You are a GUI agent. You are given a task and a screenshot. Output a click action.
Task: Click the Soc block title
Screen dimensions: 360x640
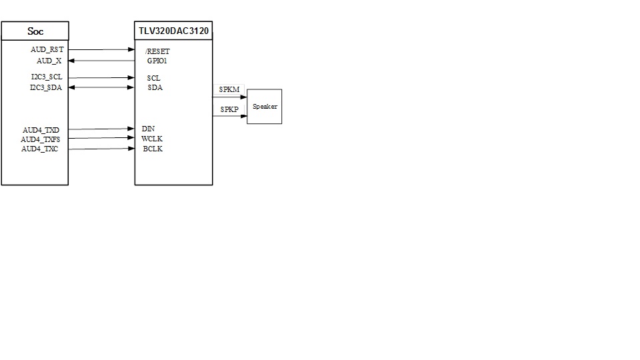click(x=35, y=31)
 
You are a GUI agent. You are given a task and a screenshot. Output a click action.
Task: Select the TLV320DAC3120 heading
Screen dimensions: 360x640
click(x=174, y=31)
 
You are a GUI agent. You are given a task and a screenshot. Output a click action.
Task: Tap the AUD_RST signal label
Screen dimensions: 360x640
click(x=47, y=50)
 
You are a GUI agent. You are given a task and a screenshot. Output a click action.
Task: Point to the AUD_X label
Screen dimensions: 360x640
click(x=49, y=61)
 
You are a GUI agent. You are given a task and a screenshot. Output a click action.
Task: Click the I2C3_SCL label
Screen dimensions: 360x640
click(x=47, y=77)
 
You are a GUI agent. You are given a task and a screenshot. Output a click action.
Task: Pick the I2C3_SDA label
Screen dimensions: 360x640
click(x=46, y=87)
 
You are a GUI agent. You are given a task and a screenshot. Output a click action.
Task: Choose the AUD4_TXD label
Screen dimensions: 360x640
click(x=41, y=129)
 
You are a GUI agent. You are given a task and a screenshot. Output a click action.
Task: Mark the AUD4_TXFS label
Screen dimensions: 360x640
click(x=40, y=139)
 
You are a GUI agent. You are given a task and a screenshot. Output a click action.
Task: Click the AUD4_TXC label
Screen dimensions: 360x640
click(x=40, y=149)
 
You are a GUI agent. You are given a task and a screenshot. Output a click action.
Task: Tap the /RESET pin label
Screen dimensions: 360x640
click(x=157, y=51)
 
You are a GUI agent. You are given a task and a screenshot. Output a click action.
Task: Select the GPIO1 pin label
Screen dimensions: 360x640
click(x=157, y=61)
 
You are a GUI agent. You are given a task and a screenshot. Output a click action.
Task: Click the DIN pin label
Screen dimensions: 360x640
click(x=148, y=129)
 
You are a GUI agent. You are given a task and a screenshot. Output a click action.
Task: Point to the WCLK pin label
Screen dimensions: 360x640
click(x=151, y=139)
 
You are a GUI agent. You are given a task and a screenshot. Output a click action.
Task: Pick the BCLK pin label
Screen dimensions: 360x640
click(x=152, y=149)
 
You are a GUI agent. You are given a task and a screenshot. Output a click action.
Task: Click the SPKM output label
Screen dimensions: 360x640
click(x=229, y=89)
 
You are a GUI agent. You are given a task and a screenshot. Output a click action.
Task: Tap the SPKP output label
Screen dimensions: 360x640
click(x=229, y=109)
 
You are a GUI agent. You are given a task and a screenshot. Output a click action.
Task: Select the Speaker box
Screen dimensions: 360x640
click(x=265, y=107)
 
